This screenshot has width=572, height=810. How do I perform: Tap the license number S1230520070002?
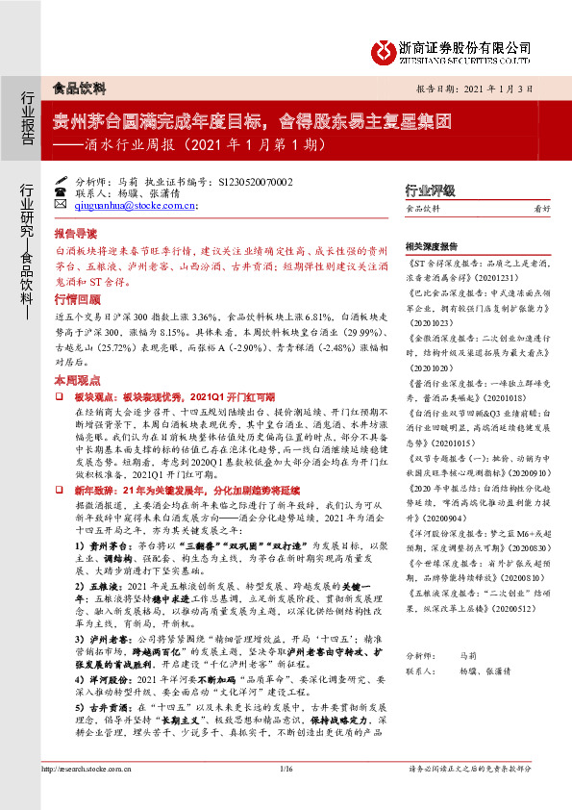click(245, 180)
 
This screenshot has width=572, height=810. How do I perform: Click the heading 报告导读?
click(76, 234)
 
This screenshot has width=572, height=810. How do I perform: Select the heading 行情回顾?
click(76, 298)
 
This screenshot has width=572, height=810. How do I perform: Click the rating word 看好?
click(541, 209)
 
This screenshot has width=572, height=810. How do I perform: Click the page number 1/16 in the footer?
click(286, 768)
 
